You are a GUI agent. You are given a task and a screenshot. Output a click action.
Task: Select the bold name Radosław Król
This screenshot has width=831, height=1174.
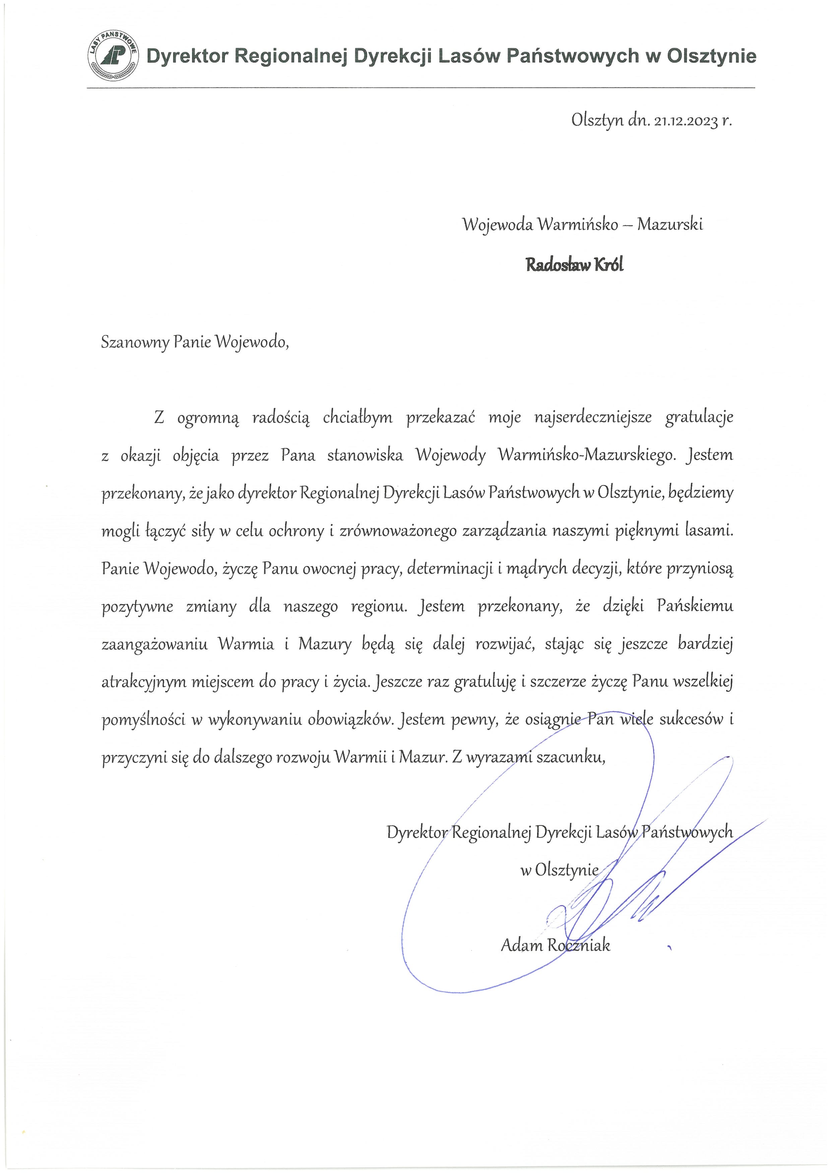[x=575, y=265]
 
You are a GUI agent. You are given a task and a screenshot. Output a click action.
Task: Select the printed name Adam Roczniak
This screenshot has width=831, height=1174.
[x=555, y=945]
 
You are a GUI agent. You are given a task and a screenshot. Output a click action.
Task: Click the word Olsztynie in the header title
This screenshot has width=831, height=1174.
[x=711, y=56]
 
